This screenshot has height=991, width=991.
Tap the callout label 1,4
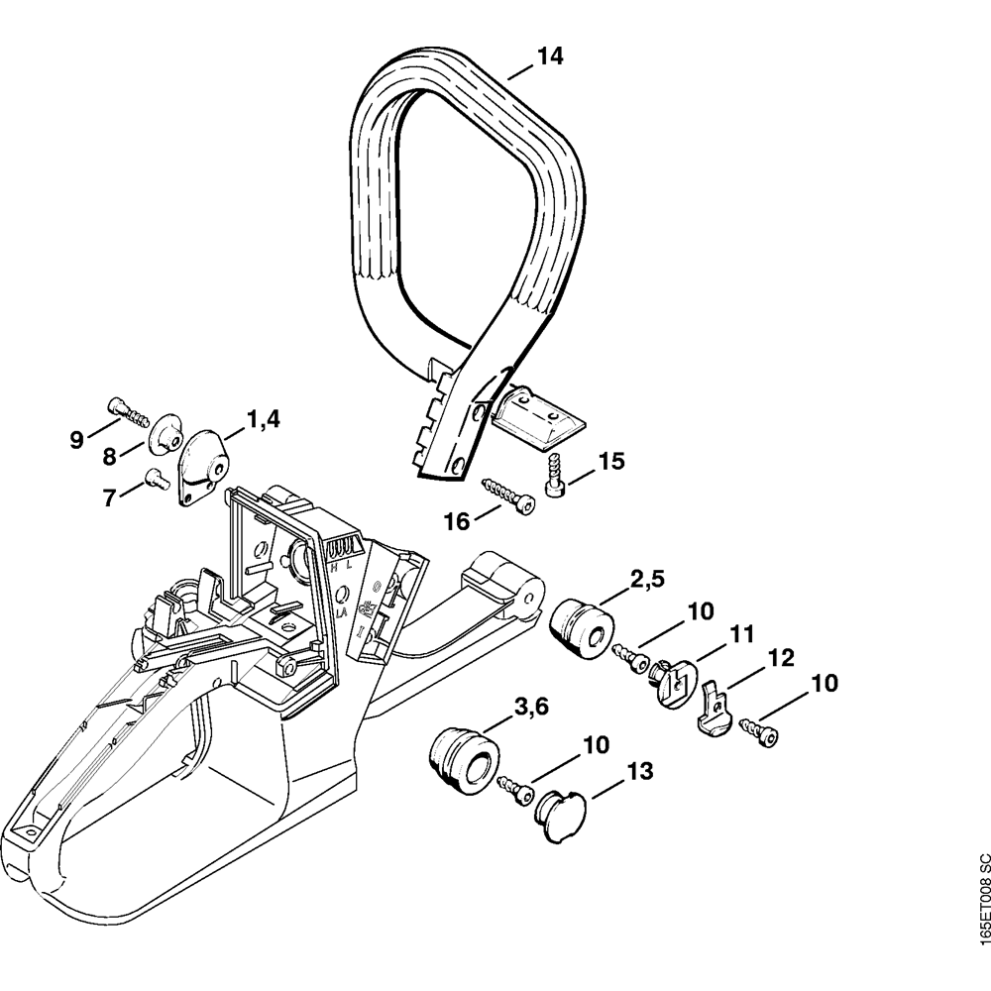(x=263, y=419)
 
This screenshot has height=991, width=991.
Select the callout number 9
(x=77, y=440)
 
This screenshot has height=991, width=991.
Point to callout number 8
(x=108, y=457)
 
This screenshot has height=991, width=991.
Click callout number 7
(x=109, y=498)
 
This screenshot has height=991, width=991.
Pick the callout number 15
(x=611, y=461)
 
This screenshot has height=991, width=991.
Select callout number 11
(x=742, y=632)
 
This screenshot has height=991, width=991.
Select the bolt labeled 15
(x=555, y=474)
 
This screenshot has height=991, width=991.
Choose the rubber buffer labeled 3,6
(x=459, y=758)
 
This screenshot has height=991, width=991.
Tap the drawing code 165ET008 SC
(x=982, y=913)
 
